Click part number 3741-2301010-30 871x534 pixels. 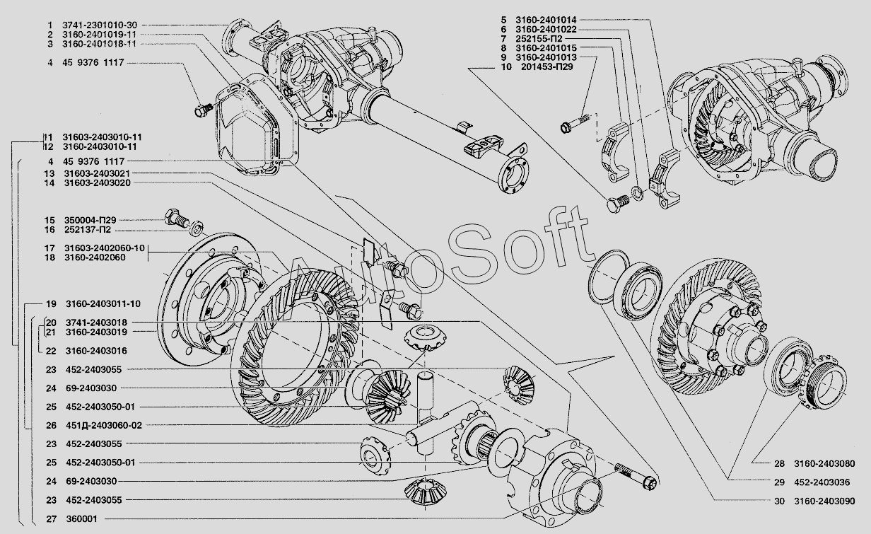(x=100, y=25)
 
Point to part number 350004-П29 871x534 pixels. (x=90, y=220)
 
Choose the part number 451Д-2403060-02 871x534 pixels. (x=104, y=426)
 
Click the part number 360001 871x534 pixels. (x=82, y=519)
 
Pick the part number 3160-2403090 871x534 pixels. (x=825, y=501)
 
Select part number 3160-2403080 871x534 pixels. (x=825, y=463)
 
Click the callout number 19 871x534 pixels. (x=52, y=303)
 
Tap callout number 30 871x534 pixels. (x=779, y=501)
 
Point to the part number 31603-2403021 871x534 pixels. (x=98, y=173)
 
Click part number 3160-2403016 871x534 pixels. (x=96, y=351)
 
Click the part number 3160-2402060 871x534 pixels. (x=95, y=257)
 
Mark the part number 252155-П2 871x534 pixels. (x=539, y=39)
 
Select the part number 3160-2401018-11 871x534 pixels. (x=99, y=44)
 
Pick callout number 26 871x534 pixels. (x=52, y=426)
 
